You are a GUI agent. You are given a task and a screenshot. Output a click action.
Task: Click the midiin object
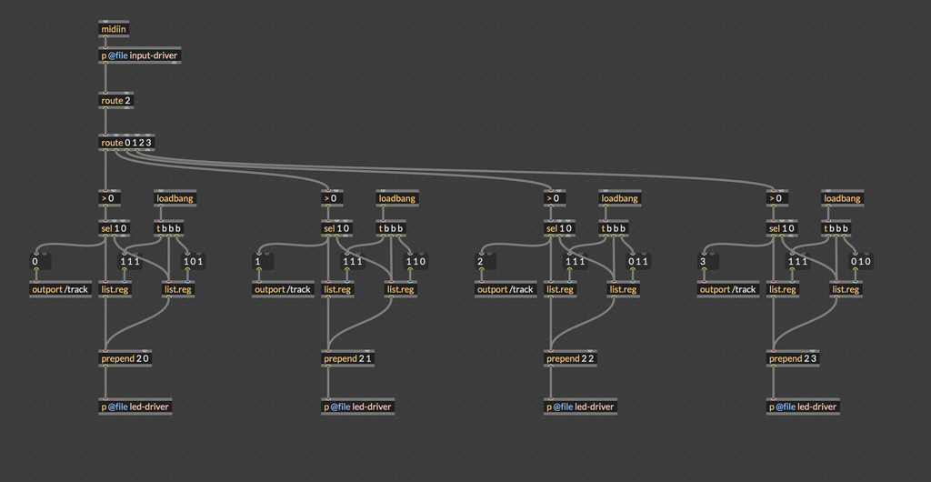coord(114,30)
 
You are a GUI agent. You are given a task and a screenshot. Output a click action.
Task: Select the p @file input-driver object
coord(139,55)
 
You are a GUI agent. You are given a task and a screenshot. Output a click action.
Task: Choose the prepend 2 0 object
coord(125,358)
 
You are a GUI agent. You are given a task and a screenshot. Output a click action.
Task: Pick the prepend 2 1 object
coord(347,358)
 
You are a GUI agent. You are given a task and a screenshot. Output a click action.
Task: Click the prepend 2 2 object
coord(570,358)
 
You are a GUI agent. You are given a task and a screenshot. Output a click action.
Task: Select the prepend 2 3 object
coord(793,358)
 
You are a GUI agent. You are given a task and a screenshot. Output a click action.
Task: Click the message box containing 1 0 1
coord(194,262)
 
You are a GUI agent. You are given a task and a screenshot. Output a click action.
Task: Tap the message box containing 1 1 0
coord(415,262)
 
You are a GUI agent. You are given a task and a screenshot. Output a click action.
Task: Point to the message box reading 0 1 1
coord(638,262)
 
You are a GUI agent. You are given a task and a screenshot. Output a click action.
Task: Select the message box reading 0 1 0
coord(861,262)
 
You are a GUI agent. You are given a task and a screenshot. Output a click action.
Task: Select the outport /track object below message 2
coord(506,290)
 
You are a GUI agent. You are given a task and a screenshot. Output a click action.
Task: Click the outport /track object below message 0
coord(60,290)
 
